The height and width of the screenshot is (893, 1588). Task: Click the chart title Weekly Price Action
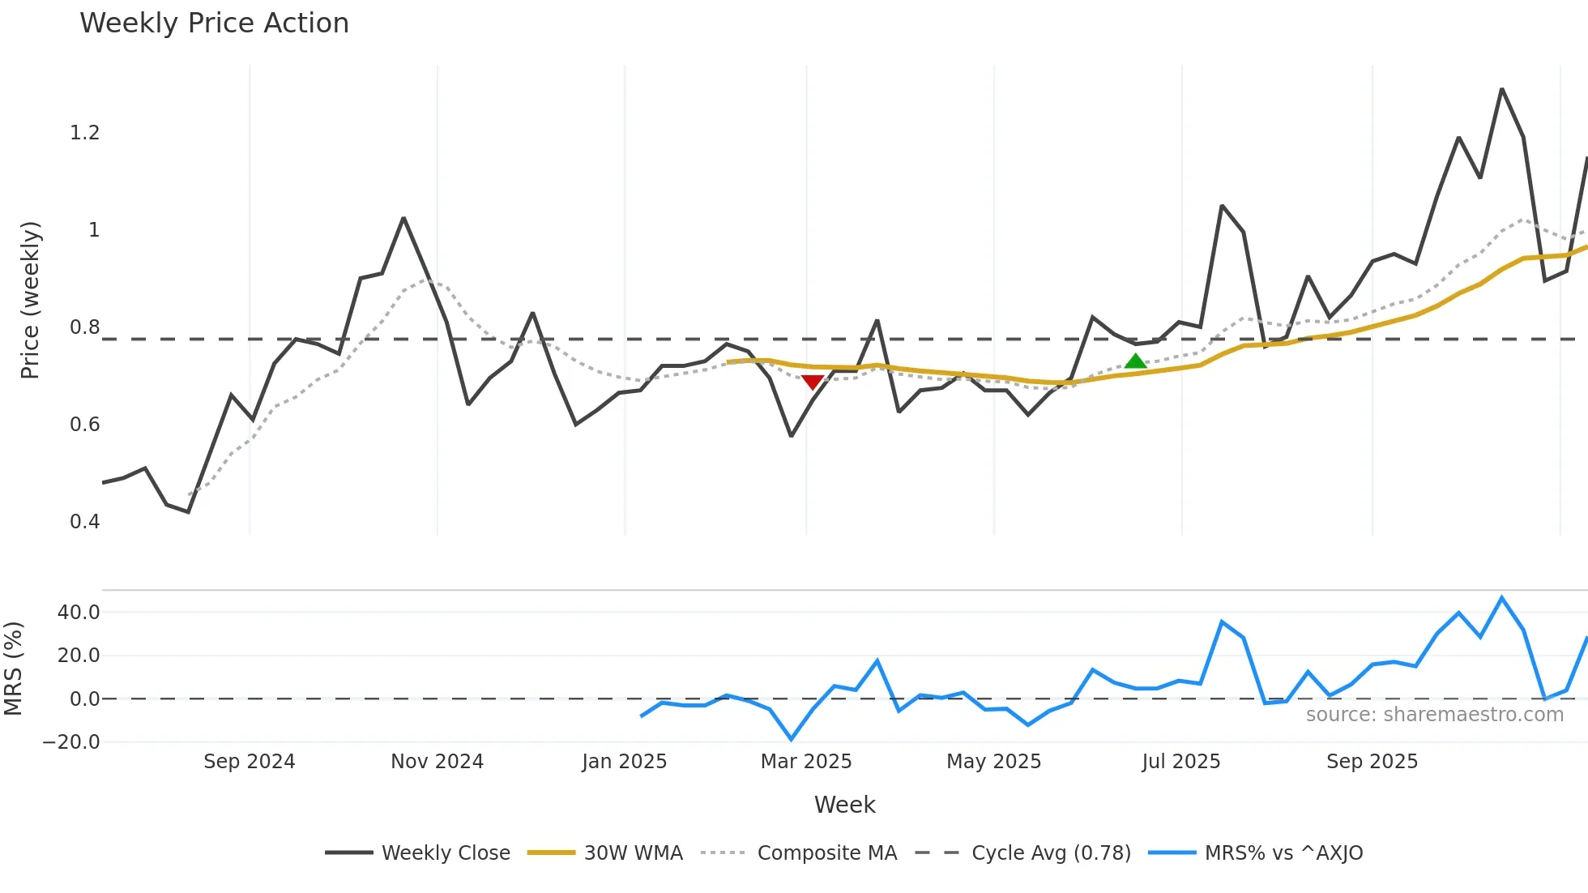214,23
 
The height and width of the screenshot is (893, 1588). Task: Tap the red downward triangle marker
812,382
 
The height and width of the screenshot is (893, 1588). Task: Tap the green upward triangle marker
1135,361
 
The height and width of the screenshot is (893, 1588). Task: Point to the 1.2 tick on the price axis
85,133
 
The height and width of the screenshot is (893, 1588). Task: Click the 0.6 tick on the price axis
85,425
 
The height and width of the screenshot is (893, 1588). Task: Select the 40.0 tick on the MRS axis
79,613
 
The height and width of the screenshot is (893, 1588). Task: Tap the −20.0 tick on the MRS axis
72,742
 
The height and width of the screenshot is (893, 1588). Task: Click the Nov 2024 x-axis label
437,762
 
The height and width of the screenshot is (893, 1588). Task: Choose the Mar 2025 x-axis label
806,762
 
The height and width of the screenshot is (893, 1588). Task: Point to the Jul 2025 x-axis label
1180,762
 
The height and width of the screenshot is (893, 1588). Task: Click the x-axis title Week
844,805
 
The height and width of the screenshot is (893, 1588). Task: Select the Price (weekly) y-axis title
30,300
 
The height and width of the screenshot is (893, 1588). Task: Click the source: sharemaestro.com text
1434,715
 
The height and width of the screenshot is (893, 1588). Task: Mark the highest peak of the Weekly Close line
1501,89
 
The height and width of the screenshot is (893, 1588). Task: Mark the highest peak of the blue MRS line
1501,598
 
